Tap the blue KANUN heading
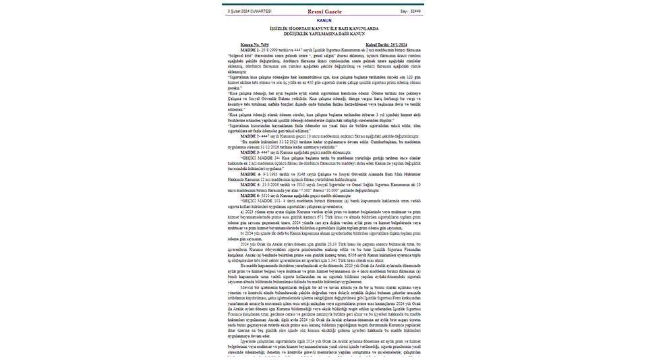click(322, 20)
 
